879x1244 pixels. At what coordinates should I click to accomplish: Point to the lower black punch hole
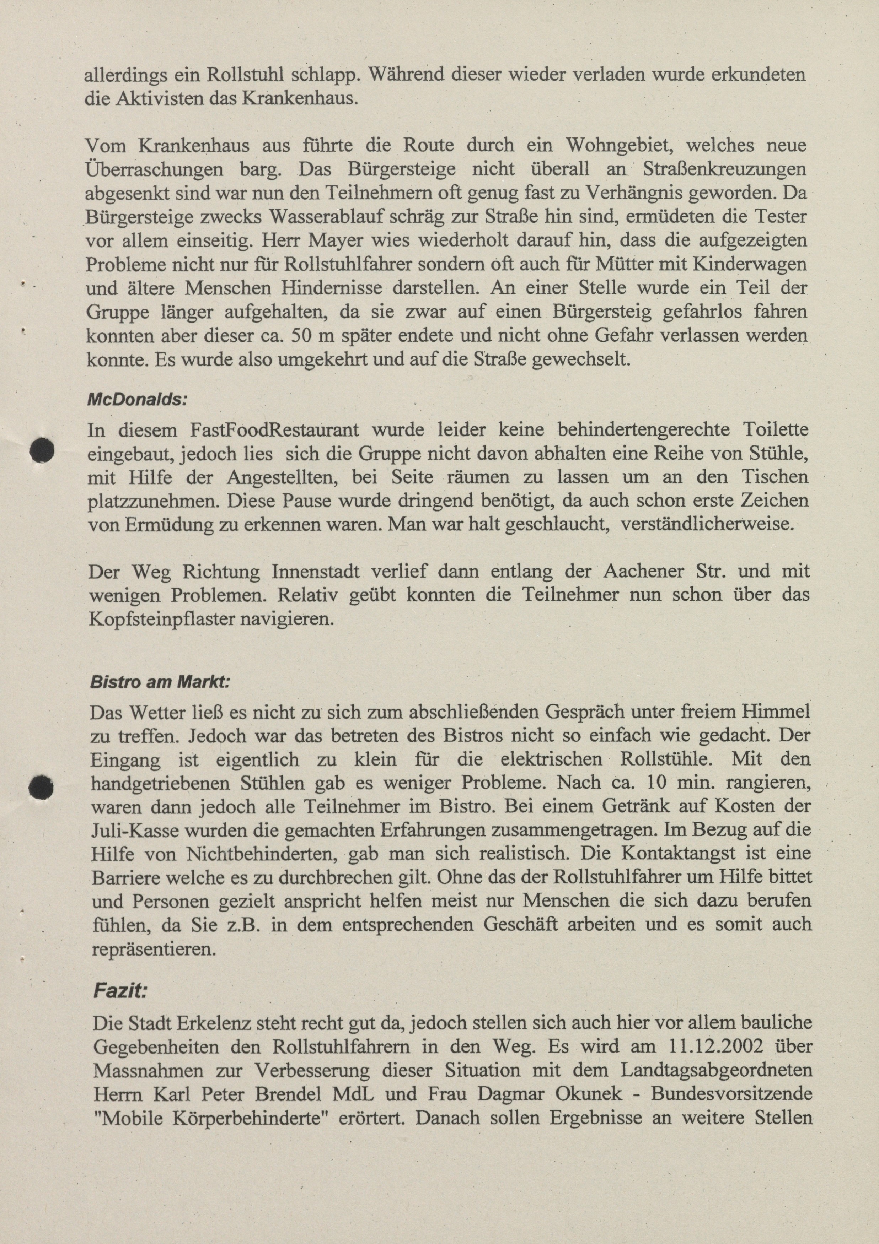pyautogui.click(x=41, y=787)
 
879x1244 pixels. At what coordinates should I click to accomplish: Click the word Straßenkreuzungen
pyautogui.click(x=724, y=169)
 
